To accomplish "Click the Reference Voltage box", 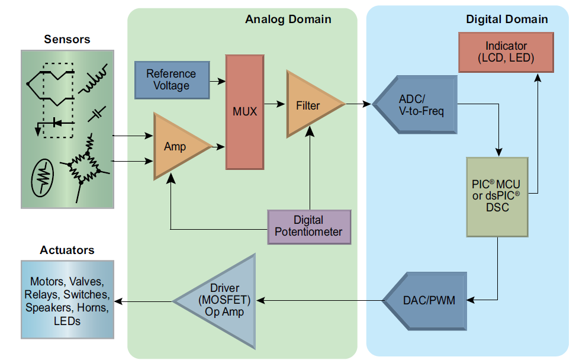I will click(x=172, y=80).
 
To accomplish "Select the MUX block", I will click(x=244, y=111).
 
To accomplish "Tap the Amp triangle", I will click(x=176, y=146).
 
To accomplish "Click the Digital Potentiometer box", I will click(x=308, y=227).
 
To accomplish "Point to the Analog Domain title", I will click(x=288, y=20).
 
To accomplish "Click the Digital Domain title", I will click(x=507, y=20).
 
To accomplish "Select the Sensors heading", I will click(x=67, y=40).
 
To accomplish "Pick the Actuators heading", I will click(x=67, y=250).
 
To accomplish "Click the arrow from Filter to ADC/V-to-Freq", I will click(x=359, y=104).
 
